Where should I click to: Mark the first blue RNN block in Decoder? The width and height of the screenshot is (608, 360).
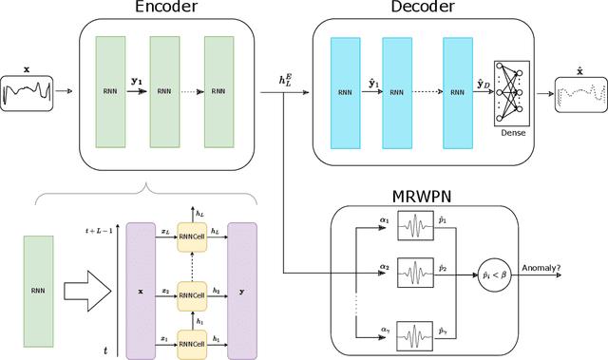click(343, 92)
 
